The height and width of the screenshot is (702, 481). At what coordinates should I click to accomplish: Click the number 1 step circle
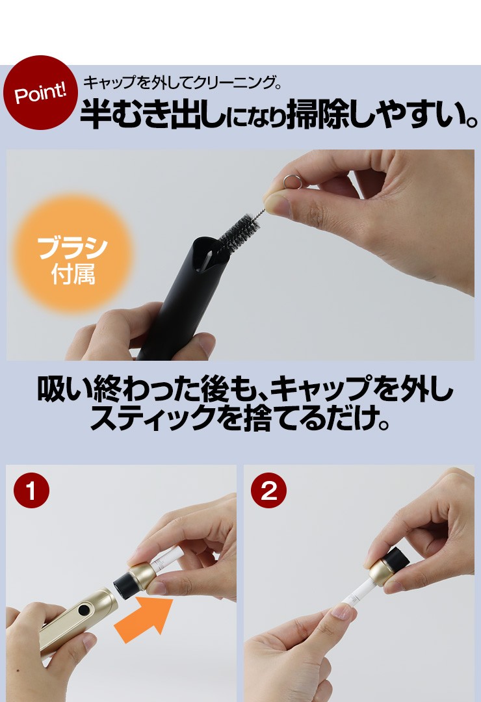(31, 491)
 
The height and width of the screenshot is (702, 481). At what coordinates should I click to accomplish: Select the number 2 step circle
(268, 491)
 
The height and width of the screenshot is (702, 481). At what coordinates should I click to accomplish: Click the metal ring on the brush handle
(291, 181)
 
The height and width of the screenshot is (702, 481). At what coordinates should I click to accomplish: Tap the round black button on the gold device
(83, 610)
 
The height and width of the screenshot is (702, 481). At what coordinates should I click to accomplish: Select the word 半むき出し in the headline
(153, 114)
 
